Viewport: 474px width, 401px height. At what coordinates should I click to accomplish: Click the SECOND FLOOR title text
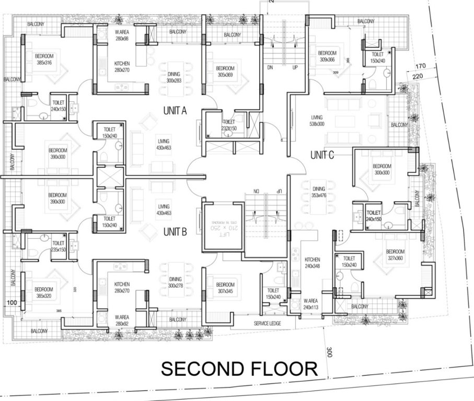(239, 369)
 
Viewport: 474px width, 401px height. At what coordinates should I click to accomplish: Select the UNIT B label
(174, 232)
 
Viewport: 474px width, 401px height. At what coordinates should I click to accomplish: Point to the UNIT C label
(322, 155)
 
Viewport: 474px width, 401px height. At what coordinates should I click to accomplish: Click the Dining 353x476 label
(318, 192)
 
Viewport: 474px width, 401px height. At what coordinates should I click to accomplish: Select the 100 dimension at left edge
(12, 302)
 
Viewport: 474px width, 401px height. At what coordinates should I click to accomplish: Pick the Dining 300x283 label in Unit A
(174, 77)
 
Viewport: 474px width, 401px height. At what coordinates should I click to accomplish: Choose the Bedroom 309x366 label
(327, 56)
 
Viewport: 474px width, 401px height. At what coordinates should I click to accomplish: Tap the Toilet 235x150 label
(58, 246)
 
